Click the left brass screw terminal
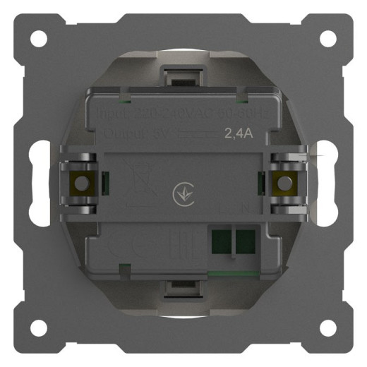click(81, 183)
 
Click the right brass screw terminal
click(285, 183)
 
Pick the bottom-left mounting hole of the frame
click(40, 327)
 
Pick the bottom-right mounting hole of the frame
click(327, 327)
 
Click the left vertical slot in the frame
click(41, 183)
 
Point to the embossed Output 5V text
click(127, 132)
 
